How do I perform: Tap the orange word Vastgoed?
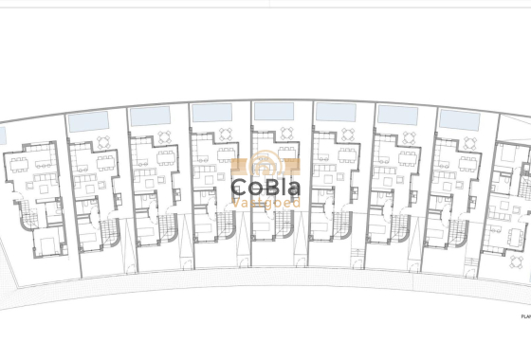pyautogui.click(x=265, y=202)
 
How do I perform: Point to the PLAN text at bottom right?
pyautogui.click(x=524, y=316)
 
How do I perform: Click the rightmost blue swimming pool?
pyautogui.click(x=459, y=120)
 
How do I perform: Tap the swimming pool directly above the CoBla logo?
pyautogui.click(x=273, y=111)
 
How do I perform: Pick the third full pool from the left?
pyautogui.click(x=211, y=112)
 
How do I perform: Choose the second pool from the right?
pyautogui.click(x=397, y=115)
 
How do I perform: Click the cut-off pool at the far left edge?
pyautogui.click(x=2, y=136)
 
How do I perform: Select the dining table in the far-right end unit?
pyautogui.click(x=513, y=233)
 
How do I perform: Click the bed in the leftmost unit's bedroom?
pyautogui.click(x=46, y=245)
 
